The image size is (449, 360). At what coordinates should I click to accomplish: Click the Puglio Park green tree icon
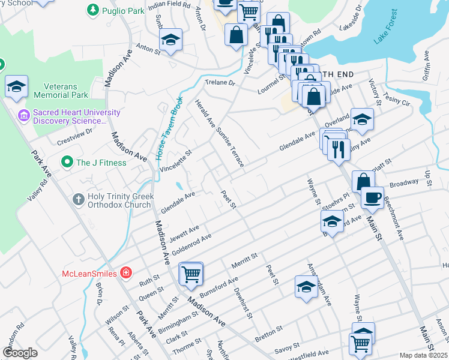(x=92, y=10)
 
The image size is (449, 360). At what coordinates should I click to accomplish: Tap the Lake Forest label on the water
(x=385, y=27)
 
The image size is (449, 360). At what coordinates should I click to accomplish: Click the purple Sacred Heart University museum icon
(x=24, y=114)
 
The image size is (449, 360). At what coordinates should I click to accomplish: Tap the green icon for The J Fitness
(x=67, y=163)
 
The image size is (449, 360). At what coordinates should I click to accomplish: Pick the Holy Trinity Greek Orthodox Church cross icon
(x=78, y=199)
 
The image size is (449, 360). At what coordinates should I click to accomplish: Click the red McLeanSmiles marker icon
(x=125, y=273)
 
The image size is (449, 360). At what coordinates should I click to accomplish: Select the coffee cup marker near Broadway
(x=372, y=199)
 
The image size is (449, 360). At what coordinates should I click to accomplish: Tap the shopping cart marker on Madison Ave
(x=191, y=274)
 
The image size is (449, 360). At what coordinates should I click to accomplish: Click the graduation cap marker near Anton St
(x=170, y=40)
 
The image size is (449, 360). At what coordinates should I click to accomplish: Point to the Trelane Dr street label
(x=220, y=83)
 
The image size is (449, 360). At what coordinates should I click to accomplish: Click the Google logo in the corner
(x=20, y=353)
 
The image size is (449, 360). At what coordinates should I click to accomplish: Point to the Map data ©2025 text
(x=423, y=355)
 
